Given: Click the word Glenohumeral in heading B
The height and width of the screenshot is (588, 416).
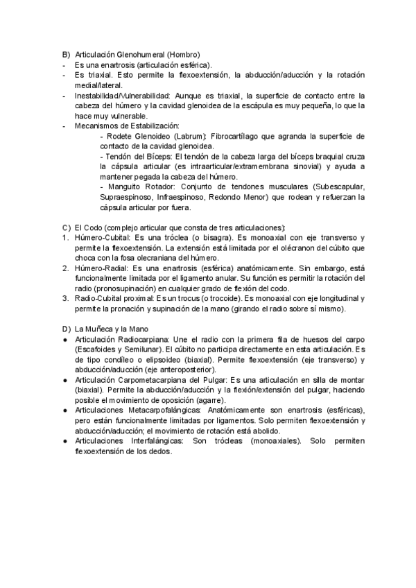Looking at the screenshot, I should [143, 55].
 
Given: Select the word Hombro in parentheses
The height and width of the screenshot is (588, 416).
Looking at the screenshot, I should [185, 55].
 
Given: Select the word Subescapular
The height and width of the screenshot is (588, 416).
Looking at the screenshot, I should [340, 187].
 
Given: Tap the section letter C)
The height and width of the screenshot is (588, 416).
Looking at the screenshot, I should [66, 227].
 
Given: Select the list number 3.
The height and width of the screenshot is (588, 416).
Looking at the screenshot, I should [64, 298].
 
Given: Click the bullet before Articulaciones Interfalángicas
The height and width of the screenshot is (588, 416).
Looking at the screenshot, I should [64, 441].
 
